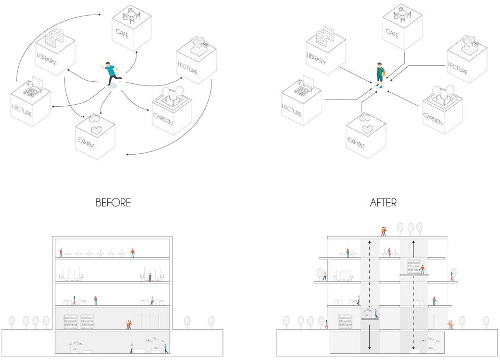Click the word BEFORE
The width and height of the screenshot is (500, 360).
(x=113, y=203)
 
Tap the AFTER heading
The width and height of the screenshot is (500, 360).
(x=383, y=203)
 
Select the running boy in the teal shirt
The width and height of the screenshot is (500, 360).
(x=111, y=73)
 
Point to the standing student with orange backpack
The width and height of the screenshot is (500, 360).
(x=380, y=75)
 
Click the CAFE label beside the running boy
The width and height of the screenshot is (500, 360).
(x=122, y=33)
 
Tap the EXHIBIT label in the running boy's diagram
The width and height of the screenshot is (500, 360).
(x=87, y=143)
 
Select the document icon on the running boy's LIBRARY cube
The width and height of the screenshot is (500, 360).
(x=54, y=37)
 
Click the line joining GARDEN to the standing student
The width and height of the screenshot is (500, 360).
(x=403, y=99)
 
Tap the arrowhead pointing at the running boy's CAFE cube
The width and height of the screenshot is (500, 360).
(x=136, y=52)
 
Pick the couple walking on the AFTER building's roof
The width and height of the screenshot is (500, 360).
(x=384, y=231)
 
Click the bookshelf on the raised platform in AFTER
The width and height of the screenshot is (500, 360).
(x=414, y=267)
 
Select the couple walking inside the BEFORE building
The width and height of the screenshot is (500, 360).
(x=129, y=325)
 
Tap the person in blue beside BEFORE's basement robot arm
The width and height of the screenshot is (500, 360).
(x=166, y=348)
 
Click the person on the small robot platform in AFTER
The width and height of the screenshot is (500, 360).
(x=376, y=314)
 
